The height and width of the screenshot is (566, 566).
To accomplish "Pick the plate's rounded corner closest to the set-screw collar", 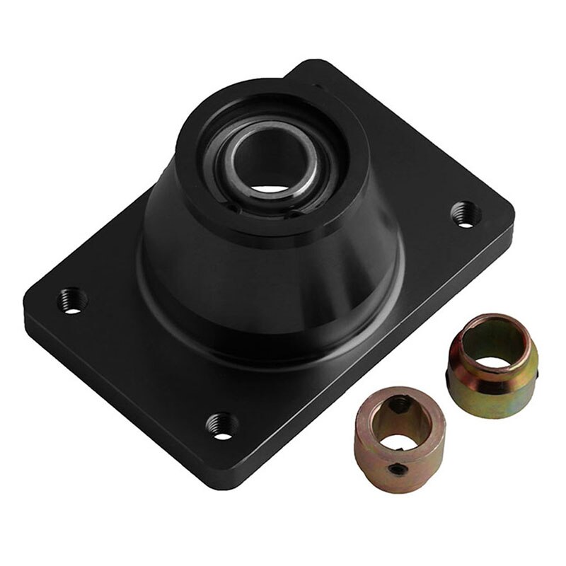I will (212, 481).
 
